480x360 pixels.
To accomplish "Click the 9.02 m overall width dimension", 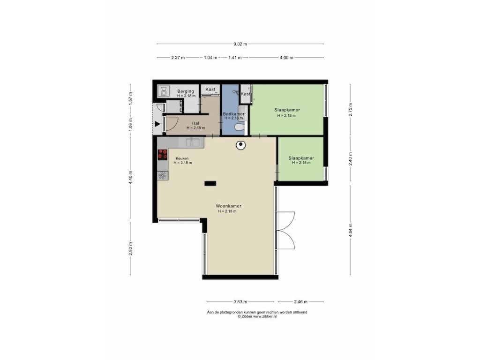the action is (x=240, y=44).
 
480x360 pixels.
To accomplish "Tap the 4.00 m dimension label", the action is (x=286, y=58).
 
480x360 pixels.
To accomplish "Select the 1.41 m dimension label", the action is (x=235, y=58).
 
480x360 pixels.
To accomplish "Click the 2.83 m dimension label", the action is (x=130, y=248).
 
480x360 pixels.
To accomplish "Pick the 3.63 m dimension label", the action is (x=240, y=302).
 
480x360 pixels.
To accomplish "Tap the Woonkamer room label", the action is (x=228, y=206).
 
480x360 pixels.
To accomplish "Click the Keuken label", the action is (x=182, y=158).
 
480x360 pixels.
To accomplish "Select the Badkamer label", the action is (x=234, y=114).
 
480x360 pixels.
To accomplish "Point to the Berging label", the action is (x=186, y=91).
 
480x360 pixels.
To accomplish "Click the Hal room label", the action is (x=195, y=123).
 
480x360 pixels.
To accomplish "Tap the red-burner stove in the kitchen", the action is (x=162, y=155).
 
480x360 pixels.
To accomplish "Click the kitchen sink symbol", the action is (x=193, y=142).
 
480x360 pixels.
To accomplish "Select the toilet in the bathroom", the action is (x=239, y=127).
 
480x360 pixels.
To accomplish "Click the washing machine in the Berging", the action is (x=164, y=91).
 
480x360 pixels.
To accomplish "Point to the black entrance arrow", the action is (x=157, y=124).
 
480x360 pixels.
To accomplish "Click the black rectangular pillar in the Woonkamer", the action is (x=210, y=184).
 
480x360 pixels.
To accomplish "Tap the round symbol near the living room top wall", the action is (x=241, y=145).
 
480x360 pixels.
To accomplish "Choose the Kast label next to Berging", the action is (x=210, y=89).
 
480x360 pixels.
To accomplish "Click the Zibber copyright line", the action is (x=257, y=316).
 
